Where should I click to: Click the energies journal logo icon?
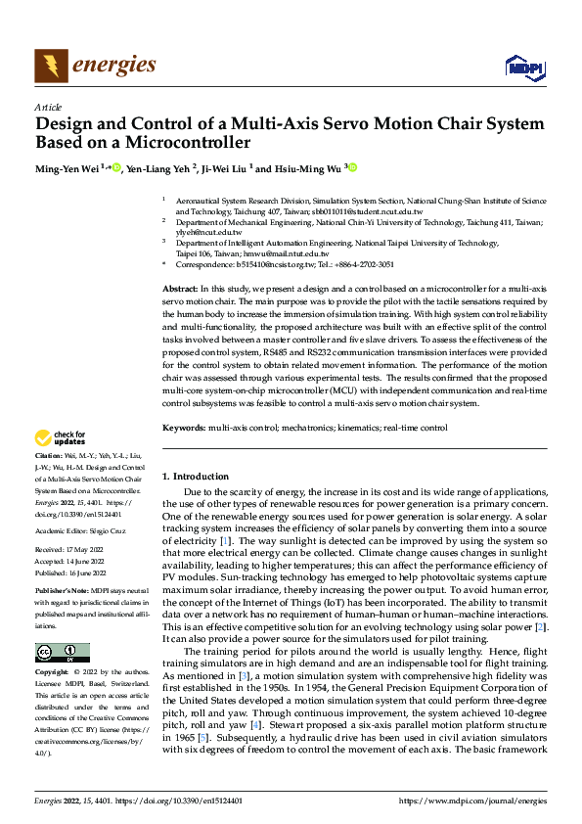tap(51, 66)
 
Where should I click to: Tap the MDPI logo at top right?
tap(523, 66)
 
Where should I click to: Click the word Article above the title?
tap(48, 107)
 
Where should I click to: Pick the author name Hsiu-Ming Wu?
tap(307, 168)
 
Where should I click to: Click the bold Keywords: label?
tap(185, 428)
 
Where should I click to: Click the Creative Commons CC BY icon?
tap(62, 653)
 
